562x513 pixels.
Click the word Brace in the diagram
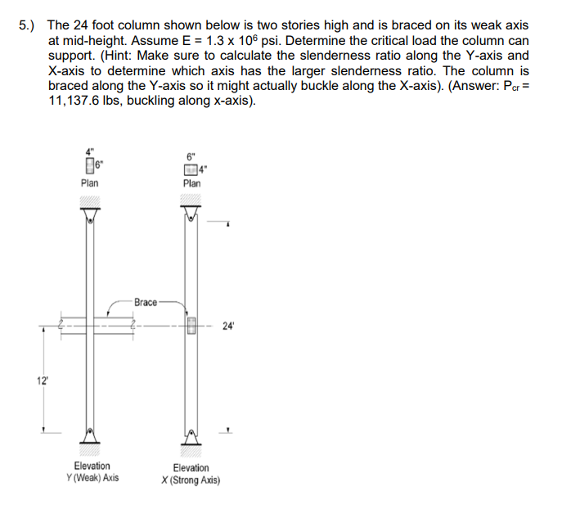point(145,302)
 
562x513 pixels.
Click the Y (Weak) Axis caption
point(92,476)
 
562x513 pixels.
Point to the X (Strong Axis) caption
point(191,479)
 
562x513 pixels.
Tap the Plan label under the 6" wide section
point(191,184)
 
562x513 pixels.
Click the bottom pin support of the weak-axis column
point(89,434)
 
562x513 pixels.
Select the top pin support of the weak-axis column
point(89,215)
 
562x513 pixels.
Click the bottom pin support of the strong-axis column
point(191,434)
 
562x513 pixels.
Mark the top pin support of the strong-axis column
point(191,215)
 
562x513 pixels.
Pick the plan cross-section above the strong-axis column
point(191,169)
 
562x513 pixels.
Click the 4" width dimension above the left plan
point(88,150)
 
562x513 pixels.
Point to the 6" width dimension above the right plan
point(191,155)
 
